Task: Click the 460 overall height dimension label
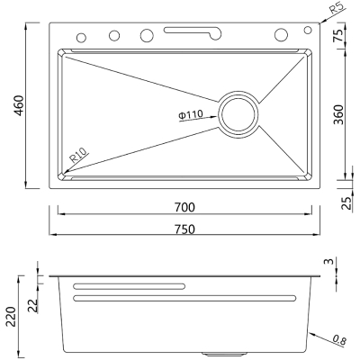coord(19,105)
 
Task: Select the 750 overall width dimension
coord(184,229)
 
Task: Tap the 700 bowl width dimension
coord(184,207)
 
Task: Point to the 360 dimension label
coord(338,114)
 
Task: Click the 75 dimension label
coord(338,35)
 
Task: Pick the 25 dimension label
coord(347,203)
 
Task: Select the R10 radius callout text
coord(79,156)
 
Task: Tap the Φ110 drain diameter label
coord(191,115)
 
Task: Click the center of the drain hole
coord(238,114)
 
